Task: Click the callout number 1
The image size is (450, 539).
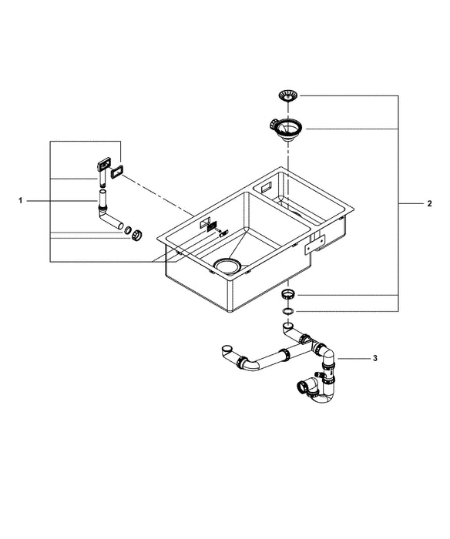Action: point(21,200)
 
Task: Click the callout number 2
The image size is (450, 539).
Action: point(429,203)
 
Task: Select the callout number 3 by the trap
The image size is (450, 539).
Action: point(375,358)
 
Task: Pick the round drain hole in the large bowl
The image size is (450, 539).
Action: point(228,266)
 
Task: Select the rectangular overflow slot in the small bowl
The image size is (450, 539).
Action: point(264,188)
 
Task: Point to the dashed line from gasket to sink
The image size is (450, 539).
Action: point(162,196)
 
